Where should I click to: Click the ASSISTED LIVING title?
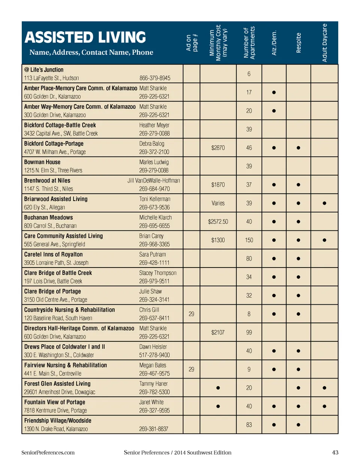point(85,38)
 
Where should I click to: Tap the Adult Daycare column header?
point(324,43)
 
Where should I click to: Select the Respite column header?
point(298,43)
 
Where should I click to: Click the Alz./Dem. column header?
point(274,43)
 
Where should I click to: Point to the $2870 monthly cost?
point(218,148)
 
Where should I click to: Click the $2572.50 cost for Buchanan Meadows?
point(218,222)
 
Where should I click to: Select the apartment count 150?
point(249,240)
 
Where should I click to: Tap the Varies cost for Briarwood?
point(218,203)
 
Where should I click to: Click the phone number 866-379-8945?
point(155,78)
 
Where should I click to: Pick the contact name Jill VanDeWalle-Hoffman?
point(154,180)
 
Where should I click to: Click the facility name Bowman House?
point(42,162)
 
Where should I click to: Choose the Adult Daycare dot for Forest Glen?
point(324,388)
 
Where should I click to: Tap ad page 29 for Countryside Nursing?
point(191,314)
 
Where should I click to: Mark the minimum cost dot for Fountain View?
point(218,406)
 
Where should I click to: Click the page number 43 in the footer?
point(335,452)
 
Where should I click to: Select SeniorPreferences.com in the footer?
point(48,452)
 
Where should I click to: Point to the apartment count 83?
point(249,425)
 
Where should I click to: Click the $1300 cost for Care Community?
point(218,240)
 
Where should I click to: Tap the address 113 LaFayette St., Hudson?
point(51,78)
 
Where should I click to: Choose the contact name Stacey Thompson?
point(157,273)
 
